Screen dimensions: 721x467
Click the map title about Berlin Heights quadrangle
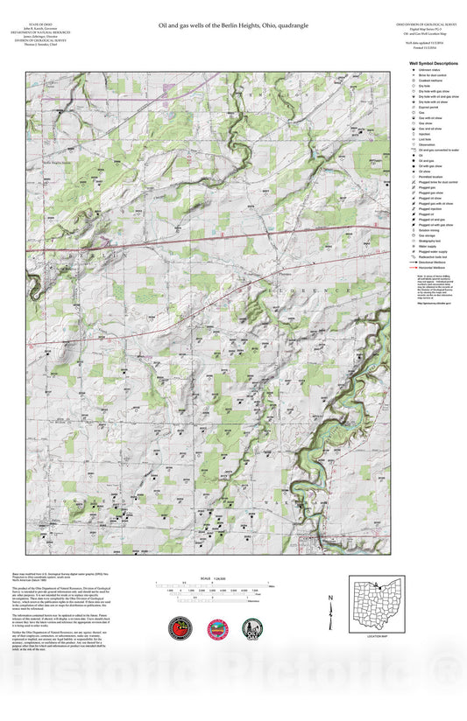[x=233, y=27]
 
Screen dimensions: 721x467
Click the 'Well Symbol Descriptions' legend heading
[x=433, y=64]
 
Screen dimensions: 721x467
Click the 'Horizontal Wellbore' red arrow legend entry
[x=434, y=266]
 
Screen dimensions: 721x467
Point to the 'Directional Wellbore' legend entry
[x=434, y=261]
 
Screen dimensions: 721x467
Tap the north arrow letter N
[x=330, y=598]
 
